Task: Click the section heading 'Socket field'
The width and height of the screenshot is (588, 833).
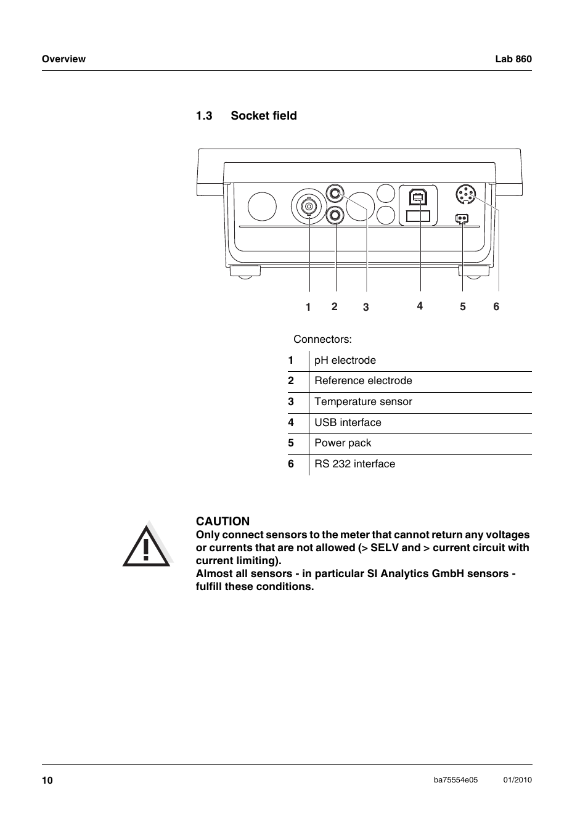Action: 263,116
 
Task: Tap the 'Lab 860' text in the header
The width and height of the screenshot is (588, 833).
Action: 513,59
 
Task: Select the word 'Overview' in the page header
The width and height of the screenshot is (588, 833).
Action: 63,59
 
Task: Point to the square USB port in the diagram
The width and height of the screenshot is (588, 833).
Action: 419,197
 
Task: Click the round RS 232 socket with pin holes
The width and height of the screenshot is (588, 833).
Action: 466,195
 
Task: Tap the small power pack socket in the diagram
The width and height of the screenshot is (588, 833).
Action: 461,218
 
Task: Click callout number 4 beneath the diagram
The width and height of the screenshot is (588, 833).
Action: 420,306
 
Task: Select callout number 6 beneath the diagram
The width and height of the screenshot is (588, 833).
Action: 496,306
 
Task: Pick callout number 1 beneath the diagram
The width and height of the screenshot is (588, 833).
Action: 308,307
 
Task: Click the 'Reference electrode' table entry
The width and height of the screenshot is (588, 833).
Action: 363,381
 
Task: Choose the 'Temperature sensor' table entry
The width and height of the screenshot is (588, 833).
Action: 363,402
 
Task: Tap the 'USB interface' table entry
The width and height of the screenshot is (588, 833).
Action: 348,423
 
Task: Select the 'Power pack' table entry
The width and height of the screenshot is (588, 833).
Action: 343,443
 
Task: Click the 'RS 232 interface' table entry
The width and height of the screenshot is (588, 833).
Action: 354,464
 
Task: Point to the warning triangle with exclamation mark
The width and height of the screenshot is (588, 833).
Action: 146,545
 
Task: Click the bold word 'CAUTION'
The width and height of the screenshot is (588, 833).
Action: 223,522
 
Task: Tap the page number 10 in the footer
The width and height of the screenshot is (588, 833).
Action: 47,781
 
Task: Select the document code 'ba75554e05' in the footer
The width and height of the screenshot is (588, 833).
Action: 455,780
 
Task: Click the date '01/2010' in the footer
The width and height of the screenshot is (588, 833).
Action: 517,780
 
